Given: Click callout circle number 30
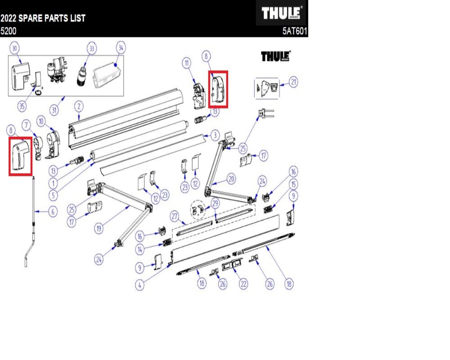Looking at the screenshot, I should (15, 49).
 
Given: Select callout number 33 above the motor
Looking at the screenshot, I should (92, 49).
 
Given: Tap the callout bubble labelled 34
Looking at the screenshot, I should (121, 47).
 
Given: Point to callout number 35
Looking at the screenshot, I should (21, 107).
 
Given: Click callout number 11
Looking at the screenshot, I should (186, 63).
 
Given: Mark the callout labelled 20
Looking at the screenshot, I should (231, 179).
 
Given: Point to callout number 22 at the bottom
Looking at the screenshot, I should (243, 283).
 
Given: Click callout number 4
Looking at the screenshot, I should (141, 285).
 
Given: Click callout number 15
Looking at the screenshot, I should (294, 184).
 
